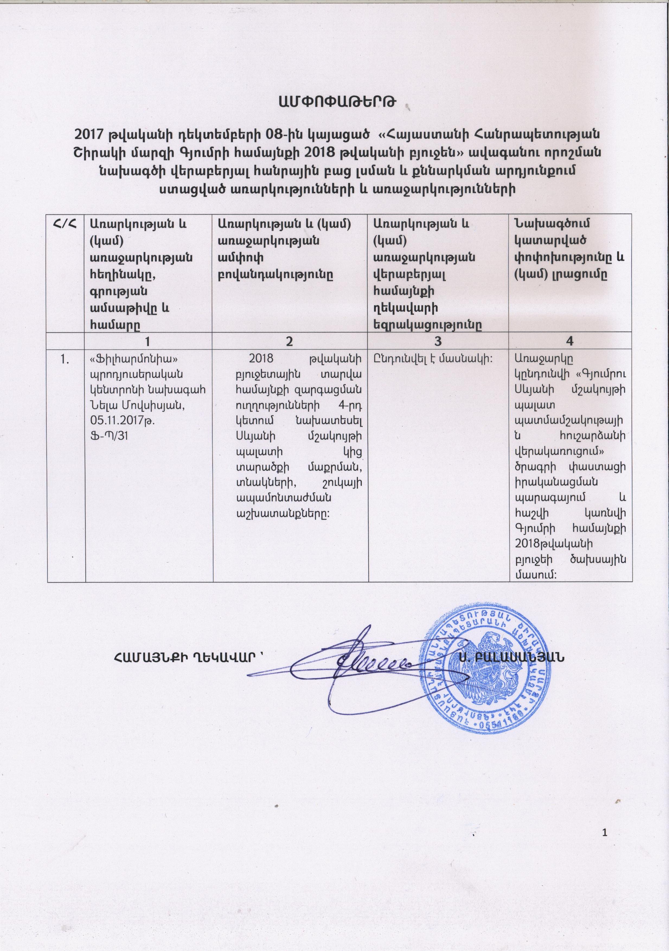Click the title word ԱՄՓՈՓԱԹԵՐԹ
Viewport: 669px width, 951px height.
click(334, 101)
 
